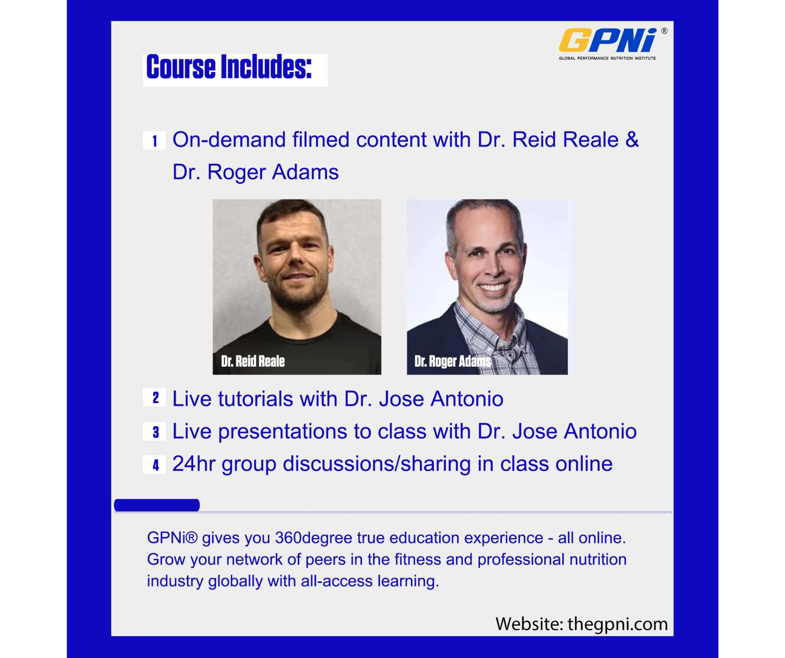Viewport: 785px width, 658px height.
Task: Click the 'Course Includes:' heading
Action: (x=229, y=67)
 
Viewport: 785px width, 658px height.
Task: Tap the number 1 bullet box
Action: (x=154, y=141)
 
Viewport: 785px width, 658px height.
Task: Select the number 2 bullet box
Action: (x=154, y=397)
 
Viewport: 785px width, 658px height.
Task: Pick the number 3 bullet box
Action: (x=154, y=432)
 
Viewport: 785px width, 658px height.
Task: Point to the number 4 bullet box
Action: (x=154, y=465)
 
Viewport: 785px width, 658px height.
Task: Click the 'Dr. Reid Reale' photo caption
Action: (x=253, y=361)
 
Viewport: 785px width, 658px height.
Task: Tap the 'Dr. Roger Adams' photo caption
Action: (x=453, y=361)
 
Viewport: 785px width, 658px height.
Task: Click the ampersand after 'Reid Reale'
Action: (x=632, y=139)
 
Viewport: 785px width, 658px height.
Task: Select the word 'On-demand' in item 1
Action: (x=229, y=139)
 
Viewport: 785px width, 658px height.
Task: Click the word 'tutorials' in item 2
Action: (x=256, y=399)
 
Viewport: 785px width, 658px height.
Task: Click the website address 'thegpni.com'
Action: (x=617, y=624)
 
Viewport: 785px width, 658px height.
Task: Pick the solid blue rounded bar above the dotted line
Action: (x=157, y=505)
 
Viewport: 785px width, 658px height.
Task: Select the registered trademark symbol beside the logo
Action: (x=664, y=31)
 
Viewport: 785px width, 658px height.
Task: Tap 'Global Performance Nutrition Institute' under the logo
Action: (x=607, y=58)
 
